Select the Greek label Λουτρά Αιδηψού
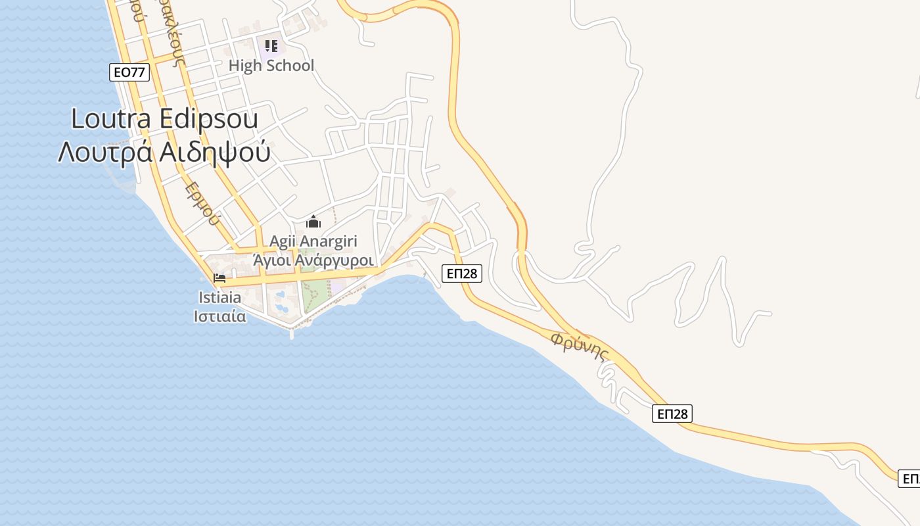coord(164,152)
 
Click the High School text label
coord(271,66)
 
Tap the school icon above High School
coord(271,46)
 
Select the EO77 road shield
coord(129,72)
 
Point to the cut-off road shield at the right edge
coord(910,478)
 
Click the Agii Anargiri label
coord(313,241)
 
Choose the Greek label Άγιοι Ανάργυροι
coord(313,260)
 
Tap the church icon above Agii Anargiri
coord(313,222)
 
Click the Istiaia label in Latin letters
coord(219,298)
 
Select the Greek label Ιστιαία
coord(219,316)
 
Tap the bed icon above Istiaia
coord(219,278)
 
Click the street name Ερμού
coord(201,203)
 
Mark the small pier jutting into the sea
coord(292,333)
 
